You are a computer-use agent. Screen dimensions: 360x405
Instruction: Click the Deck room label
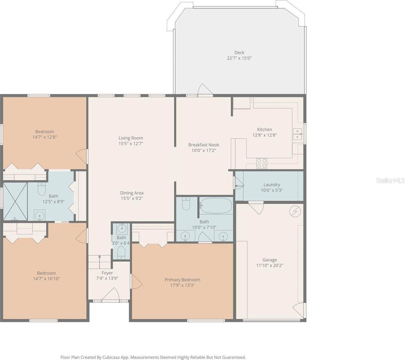pyautogui.click(x=239, y=53)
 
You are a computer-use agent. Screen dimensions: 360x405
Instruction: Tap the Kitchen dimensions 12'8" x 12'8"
pyautogui.click(x=265, y=135)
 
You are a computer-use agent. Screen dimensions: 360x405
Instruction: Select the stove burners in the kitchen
pyautogui.click(x=262, y=163)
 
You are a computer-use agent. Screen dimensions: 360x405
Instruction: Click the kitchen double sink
pyautogui.click(x=297, y=134)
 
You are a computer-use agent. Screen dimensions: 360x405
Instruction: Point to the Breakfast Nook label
pyautogui.click(x=203, y=145)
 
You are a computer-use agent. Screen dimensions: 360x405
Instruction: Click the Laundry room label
pyautogui.click(x=271, y=185)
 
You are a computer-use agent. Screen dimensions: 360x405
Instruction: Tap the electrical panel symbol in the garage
pyautogui.click(x=295, y=211)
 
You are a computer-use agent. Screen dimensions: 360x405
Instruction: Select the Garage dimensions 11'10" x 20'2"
pyautogui.click(x=270, y=266)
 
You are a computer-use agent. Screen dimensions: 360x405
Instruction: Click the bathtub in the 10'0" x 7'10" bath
pyautogui.click(x=216, y=206)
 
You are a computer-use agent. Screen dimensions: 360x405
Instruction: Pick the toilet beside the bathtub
pyautogui.click(x=186, y=204)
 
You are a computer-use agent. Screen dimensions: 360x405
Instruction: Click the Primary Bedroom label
pyautogui.click(x=182, y=280)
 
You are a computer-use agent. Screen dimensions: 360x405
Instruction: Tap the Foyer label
pyautogui.click(x=107, y=273)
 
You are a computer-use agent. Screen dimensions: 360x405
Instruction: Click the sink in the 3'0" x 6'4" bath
pyautogui.click(x=121, y=228)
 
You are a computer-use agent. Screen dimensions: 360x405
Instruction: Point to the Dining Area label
pyautogui.click(x=132, y=193)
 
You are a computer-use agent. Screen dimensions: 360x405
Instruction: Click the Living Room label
pyautogui.click(x=131, y=138)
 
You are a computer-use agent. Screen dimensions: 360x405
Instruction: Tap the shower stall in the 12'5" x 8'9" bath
pyautogui.click(x=15, y=201)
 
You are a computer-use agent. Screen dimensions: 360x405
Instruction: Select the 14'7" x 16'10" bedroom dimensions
pyautogui.click(x=46, y=279)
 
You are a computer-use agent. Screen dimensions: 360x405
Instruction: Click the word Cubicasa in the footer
pyautogui.click(x=111, y=357)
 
